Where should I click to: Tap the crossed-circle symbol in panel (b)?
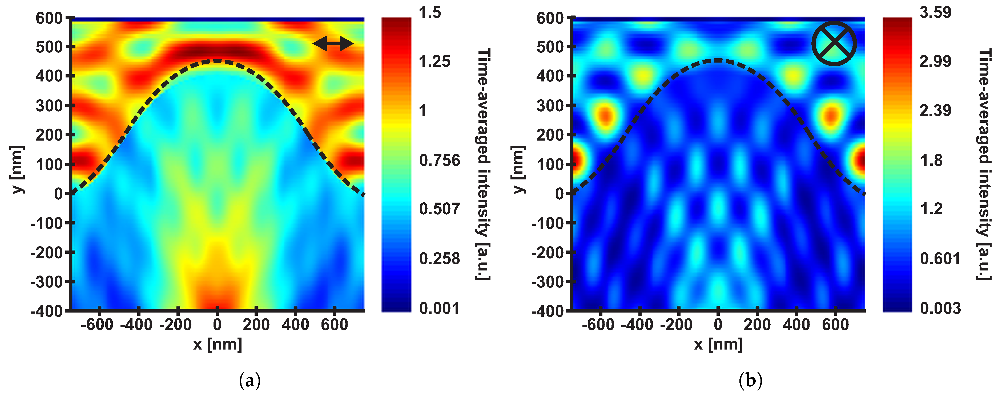(x=834, y=43)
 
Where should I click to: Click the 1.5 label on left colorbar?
(x=430, y=13)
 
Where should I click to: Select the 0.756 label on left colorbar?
(x=439, y=160)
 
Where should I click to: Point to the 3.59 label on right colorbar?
(x=935, y=13)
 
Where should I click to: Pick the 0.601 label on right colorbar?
(x=940, y=258)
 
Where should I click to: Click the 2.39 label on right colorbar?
(x=935, y=111)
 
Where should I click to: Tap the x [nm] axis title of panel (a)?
(x=217, y=344)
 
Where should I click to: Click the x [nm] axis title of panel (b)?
(x=718, y=344)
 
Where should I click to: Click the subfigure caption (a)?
(x=250, y=381)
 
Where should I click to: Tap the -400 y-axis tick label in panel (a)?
(x=46, y=311)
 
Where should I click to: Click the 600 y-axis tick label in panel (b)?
(x=549, y=18)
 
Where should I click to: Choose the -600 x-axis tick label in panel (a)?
(x=97, y=324)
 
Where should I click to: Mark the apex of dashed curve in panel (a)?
(x=217, y=61)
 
